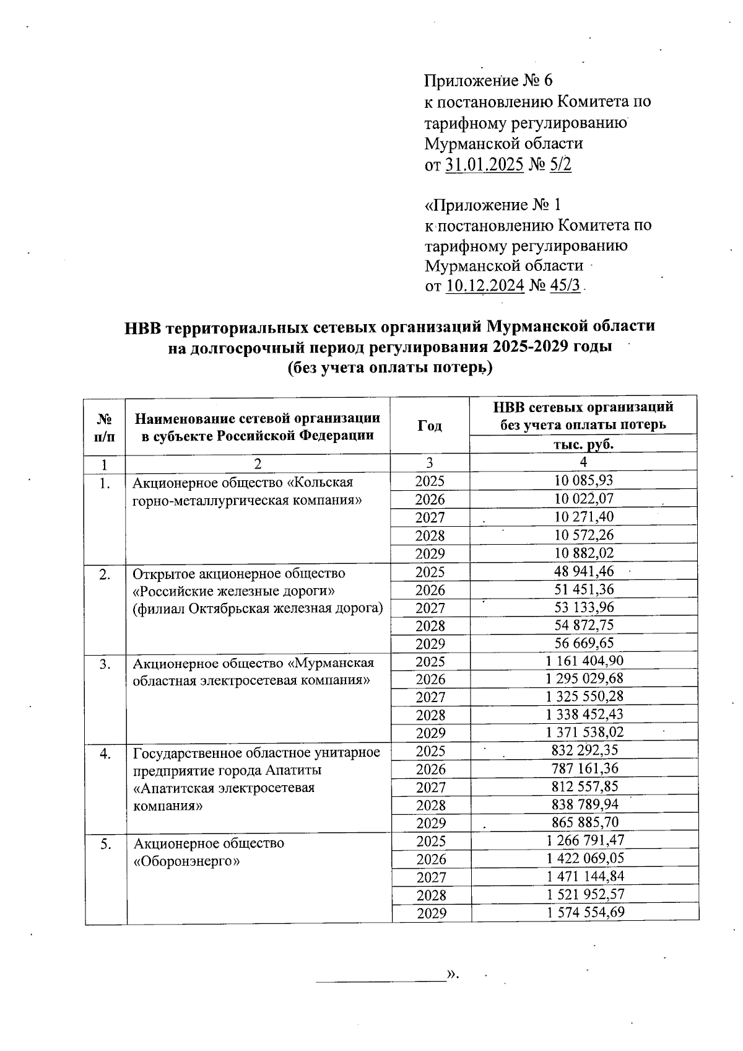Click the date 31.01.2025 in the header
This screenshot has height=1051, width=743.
point(484,165)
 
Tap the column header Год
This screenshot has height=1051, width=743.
point(430,425)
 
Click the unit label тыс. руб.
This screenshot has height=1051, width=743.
point(583,444)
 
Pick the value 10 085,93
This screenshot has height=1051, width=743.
point(583,480)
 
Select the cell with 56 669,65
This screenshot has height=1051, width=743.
point(584,643)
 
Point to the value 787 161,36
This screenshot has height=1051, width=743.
point(584,768)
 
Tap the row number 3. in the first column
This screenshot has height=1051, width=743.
point(105,664)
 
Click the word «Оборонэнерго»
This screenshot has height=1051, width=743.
point(186,861)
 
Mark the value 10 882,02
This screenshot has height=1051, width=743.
point(584,553)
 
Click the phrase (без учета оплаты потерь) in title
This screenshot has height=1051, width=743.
point(389,368)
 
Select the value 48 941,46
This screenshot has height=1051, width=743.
point(584,571)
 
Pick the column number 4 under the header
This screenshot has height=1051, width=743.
point(583,462)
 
